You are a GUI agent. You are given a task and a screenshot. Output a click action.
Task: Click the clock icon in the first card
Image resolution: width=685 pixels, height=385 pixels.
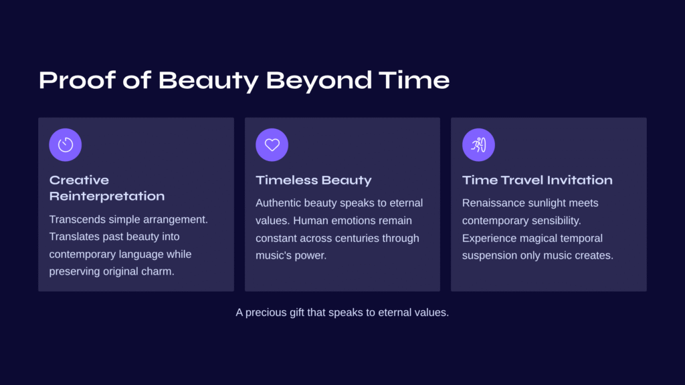66,144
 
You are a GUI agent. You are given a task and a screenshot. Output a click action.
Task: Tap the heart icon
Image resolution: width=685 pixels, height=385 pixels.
272,144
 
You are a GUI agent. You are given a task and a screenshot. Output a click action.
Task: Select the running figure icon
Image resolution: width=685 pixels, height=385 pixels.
478,144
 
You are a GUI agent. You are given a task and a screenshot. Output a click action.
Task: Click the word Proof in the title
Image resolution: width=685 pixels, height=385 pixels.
78,80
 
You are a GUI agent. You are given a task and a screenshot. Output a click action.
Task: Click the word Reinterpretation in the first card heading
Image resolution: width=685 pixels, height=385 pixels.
107,196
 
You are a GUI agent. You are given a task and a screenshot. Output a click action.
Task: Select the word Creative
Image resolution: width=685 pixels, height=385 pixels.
79,180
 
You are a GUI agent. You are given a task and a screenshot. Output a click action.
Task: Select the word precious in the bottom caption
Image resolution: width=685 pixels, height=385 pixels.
266,313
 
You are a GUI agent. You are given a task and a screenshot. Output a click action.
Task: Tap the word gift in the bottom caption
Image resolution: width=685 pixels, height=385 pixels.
296,313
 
